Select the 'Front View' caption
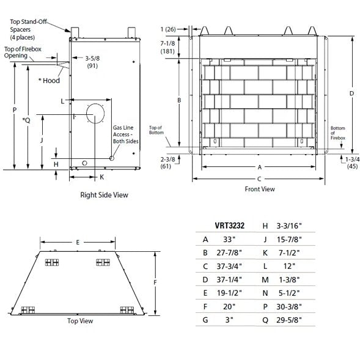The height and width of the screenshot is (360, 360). (x=260, y=189)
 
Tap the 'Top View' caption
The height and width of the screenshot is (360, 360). (x=79, y=320)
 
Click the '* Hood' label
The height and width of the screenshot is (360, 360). (x=49, y=79)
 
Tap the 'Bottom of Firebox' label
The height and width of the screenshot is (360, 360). (x=337, y=133)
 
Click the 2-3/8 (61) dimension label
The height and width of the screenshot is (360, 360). (x=168, y=162)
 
